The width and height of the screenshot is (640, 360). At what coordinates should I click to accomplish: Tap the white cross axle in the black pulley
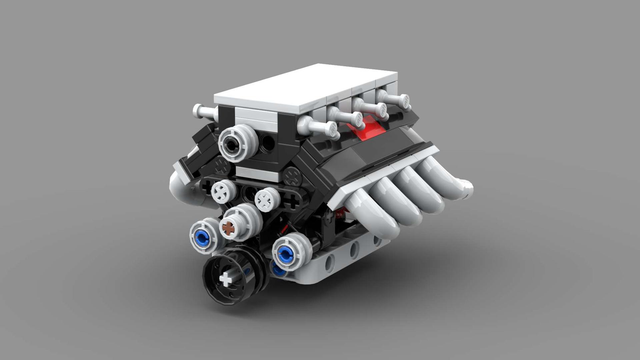pyautogui.click(x=226, y=279)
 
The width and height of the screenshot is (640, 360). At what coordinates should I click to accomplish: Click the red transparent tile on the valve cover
pyautogui.click(x=365, y=128)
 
